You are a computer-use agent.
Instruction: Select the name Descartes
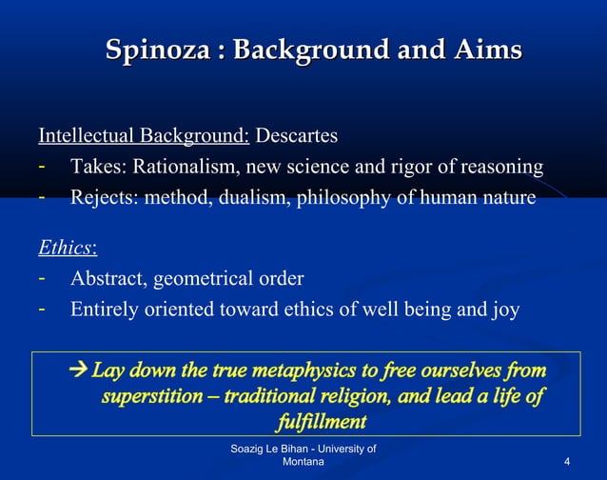tap(296, 136)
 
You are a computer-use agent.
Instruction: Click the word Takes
tap(97, 168)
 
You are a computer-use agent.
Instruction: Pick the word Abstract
tap(107, 279)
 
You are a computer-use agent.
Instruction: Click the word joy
tap(503, 310)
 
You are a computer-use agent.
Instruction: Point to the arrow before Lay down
tap(79, 368)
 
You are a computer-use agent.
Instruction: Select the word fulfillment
tap(321, 419)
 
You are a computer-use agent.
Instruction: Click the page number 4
tap(567, 461)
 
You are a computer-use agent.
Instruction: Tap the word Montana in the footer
tap(303, 461)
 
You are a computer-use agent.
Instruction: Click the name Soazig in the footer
tap(250, 448)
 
